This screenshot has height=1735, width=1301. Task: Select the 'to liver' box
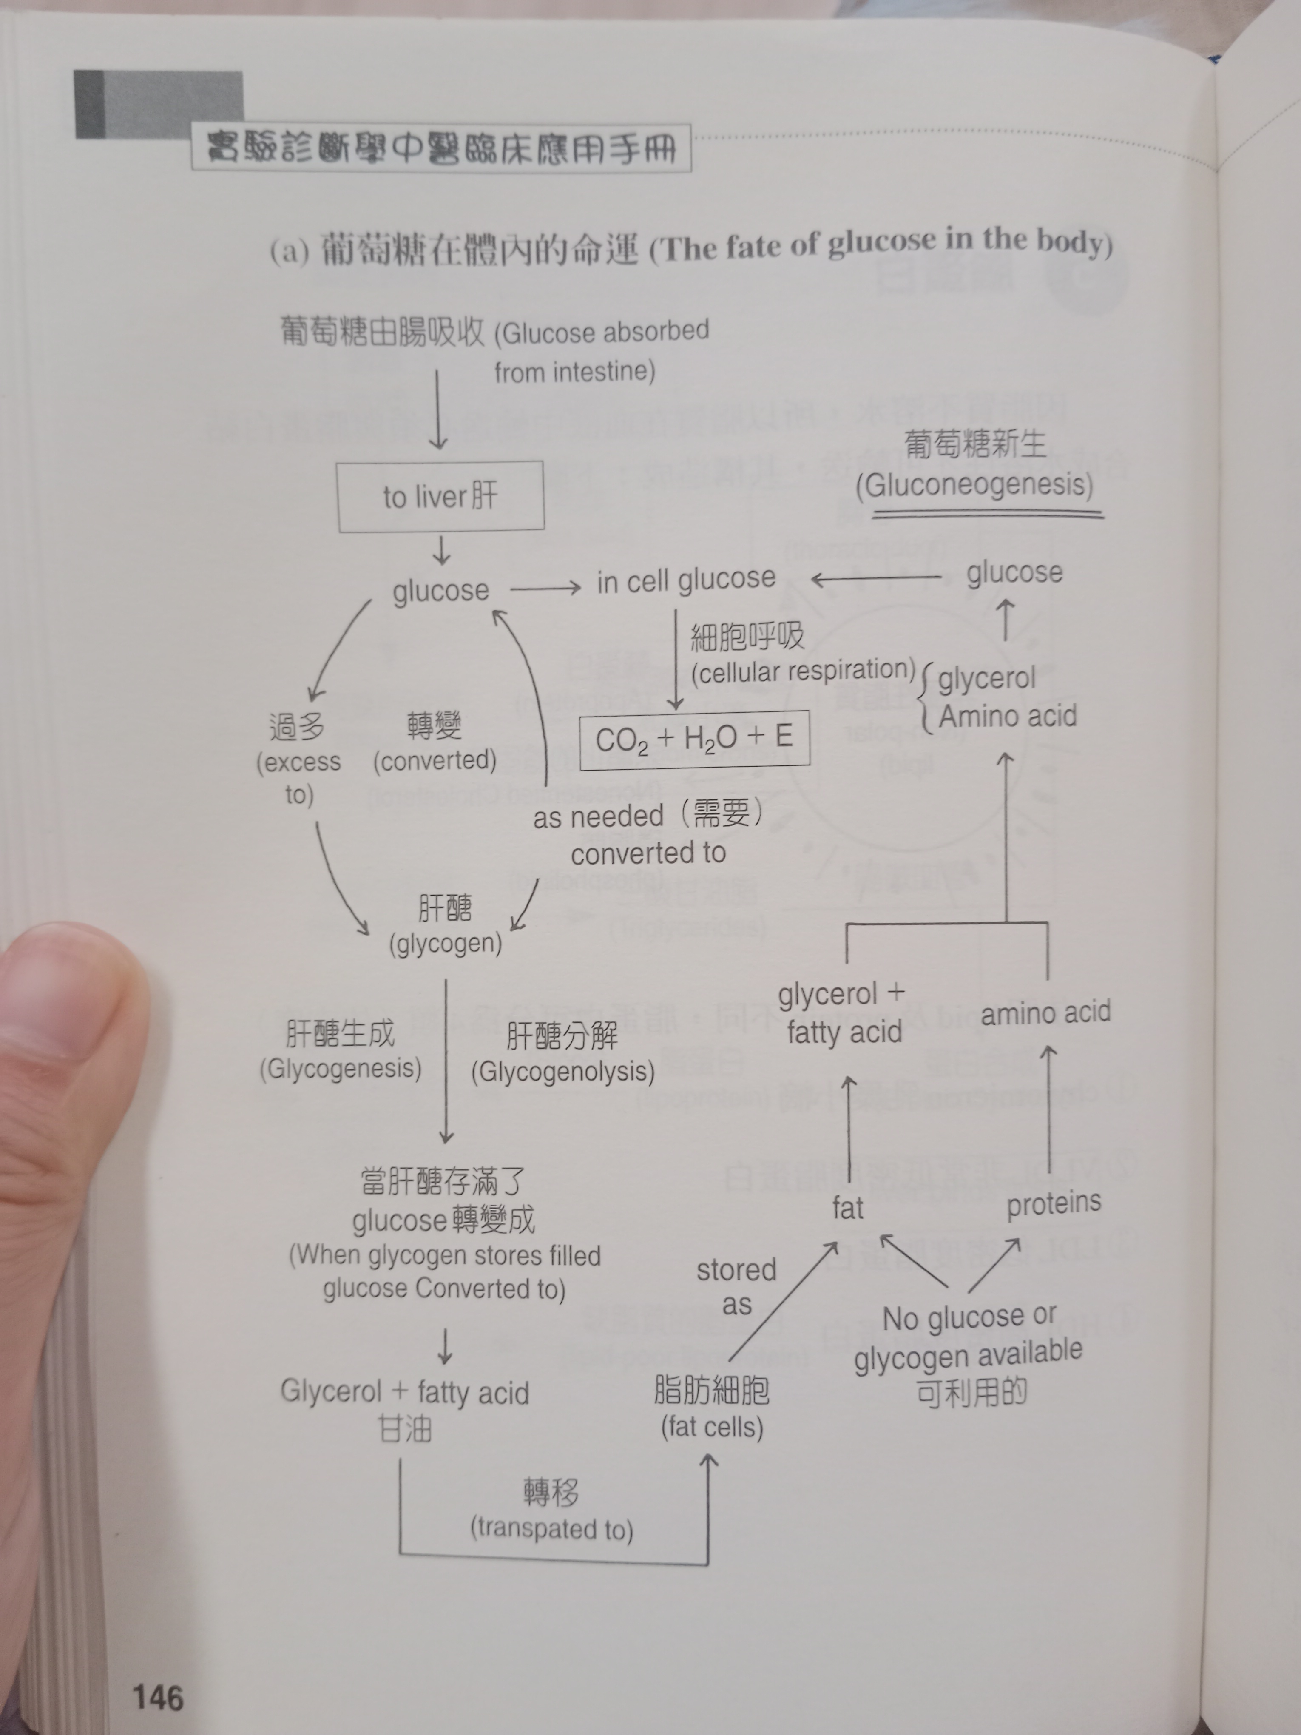coord(441,496)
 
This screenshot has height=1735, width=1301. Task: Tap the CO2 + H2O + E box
coord(694,739)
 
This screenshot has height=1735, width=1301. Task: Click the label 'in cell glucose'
coord(685,580)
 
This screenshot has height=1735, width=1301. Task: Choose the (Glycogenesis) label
coord(341,1068)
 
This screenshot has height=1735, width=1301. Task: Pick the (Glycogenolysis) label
coord(562,1072)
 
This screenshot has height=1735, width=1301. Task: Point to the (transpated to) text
coord(551,1529)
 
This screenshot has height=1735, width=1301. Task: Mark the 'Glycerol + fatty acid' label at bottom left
coord(405,1392)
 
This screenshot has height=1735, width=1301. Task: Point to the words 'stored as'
coord(736,1286)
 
